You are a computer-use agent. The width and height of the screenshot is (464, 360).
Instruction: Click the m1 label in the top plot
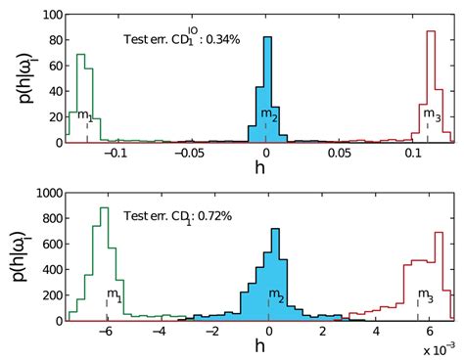click(x=85, y=116)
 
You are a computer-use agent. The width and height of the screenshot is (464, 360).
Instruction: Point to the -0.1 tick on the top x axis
click(x=116, y=154)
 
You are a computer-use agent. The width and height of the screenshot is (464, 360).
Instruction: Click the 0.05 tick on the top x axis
click(x=339, y=154)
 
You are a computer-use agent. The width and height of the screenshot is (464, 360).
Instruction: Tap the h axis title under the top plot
click(x=265, y=168)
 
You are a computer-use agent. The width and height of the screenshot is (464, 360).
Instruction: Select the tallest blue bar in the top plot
click(x=267, y=89)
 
